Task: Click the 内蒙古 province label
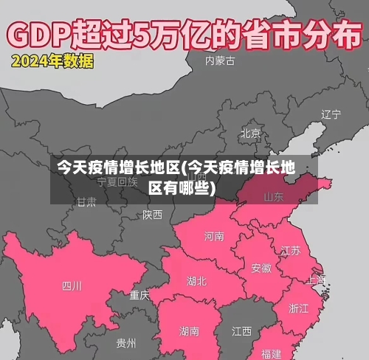pos(221,60)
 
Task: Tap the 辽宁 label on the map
pos(331,114)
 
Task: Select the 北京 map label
pos(250,134)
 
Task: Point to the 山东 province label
pos(274,197)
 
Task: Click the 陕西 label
pos(153,215)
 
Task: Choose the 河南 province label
pos(214,237)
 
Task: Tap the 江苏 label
pos(291,250)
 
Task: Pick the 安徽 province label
pos(261,268)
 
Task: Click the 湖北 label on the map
pos(197,281)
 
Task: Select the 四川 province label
pos(72,285)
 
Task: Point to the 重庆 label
pos(139,295)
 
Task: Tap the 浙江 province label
pos(299,308)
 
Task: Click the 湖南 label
pos(189,331)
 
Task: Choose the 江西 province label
pos(241,330)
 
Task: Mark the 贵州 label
pos(125,344)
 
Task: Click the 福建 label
pos(271,353)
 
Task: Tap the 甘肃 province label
pos(86,201)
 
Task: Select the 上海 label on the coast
pos(316,280)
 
